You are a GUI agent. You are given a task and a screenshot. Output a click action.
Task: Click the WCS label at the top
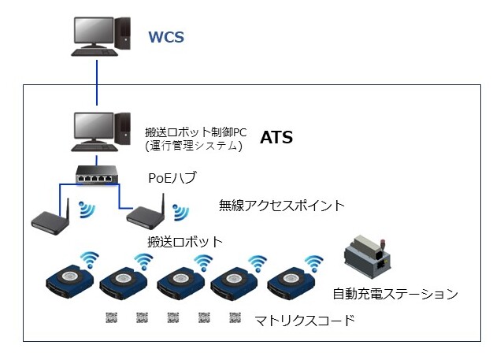coord(169,36)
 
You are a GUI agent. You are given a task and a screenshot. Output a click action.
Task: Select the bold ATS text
coord(276,138)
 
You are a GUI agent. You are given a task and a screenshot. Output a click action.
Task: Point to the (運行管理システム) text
coord(193,146)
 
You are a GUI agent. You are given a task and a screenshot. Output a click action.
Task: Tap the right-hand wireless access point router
coord(146,214)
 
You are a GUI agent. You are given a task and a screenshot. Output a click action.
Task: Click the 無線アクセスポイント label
coord(282,206)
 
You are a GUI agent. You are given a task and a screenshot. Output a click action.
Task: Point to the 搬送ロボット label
coord(186,241)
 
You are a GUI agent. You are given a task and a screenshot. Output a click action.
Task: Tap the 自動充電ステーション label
coord(395,295)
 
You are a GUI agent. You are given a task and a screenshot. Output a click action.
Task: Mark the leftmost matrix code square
coord(111,317)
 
